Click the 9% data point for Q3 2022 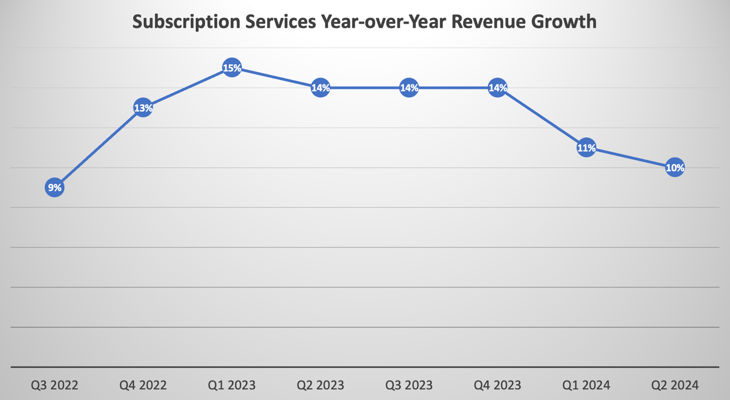click(x=54, y=188)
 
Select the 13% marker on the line click(x=143, y=108)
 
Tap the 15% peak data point click(x=232, y=68)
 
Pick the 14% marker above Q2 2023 click(x=320, y=88)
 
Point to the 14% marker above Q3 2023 click(x=409, y=88)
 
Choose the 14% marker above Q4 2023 click(x=497, y=88)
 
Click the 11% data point click(x=586, y=148)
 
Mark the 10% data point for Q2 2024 click(x=675, y=167)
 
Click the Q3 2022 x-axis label click(x=55, y=385)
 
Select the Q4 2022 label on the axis click(x=143, y=385)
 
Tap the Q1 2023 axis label click(x=232, y=385)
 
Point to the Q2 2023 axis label click(x=320, y=385)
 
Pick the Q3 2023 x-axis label click(x=409, y=385)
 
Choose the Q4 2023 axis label click(x=497, y=385)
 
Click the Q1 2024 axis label click(x=586, y=385)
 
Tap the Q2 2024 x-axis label click(x=675, y=385)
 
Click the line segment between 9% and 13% click(x=98, y=148)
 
